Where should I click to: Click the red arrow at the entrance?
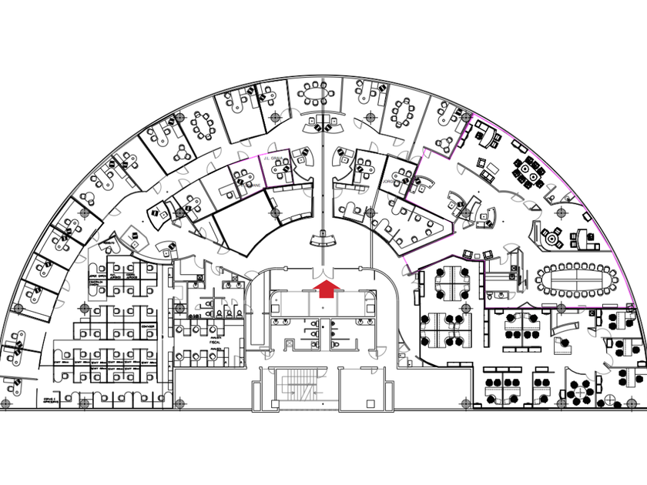coord(327,288)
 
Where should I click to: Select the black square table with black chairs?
coord(528,172)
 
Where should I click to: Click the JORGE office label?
coord(387,182)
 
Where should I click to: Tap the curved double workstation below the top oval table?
coord(321,122)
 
